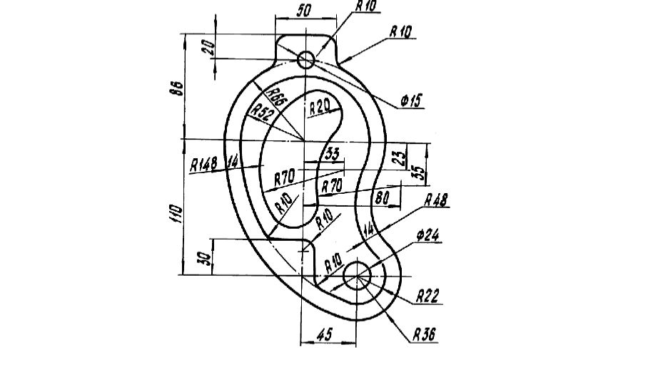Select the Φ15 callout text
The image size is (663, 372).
coord(412,102)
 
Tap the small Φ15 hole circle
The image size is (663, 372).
coord(305,60)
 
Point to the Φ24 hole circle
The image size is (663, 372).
coord(358,274)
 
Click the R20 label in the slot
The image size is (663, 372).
coord(320,108)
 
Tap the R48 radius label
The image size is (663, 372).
coord(435,201)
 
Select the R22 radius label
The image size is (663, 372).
coord(427,295)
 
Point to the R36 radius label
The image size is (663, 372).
coord(425,334)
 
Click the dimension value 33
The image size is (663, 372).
coord(332,153)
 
